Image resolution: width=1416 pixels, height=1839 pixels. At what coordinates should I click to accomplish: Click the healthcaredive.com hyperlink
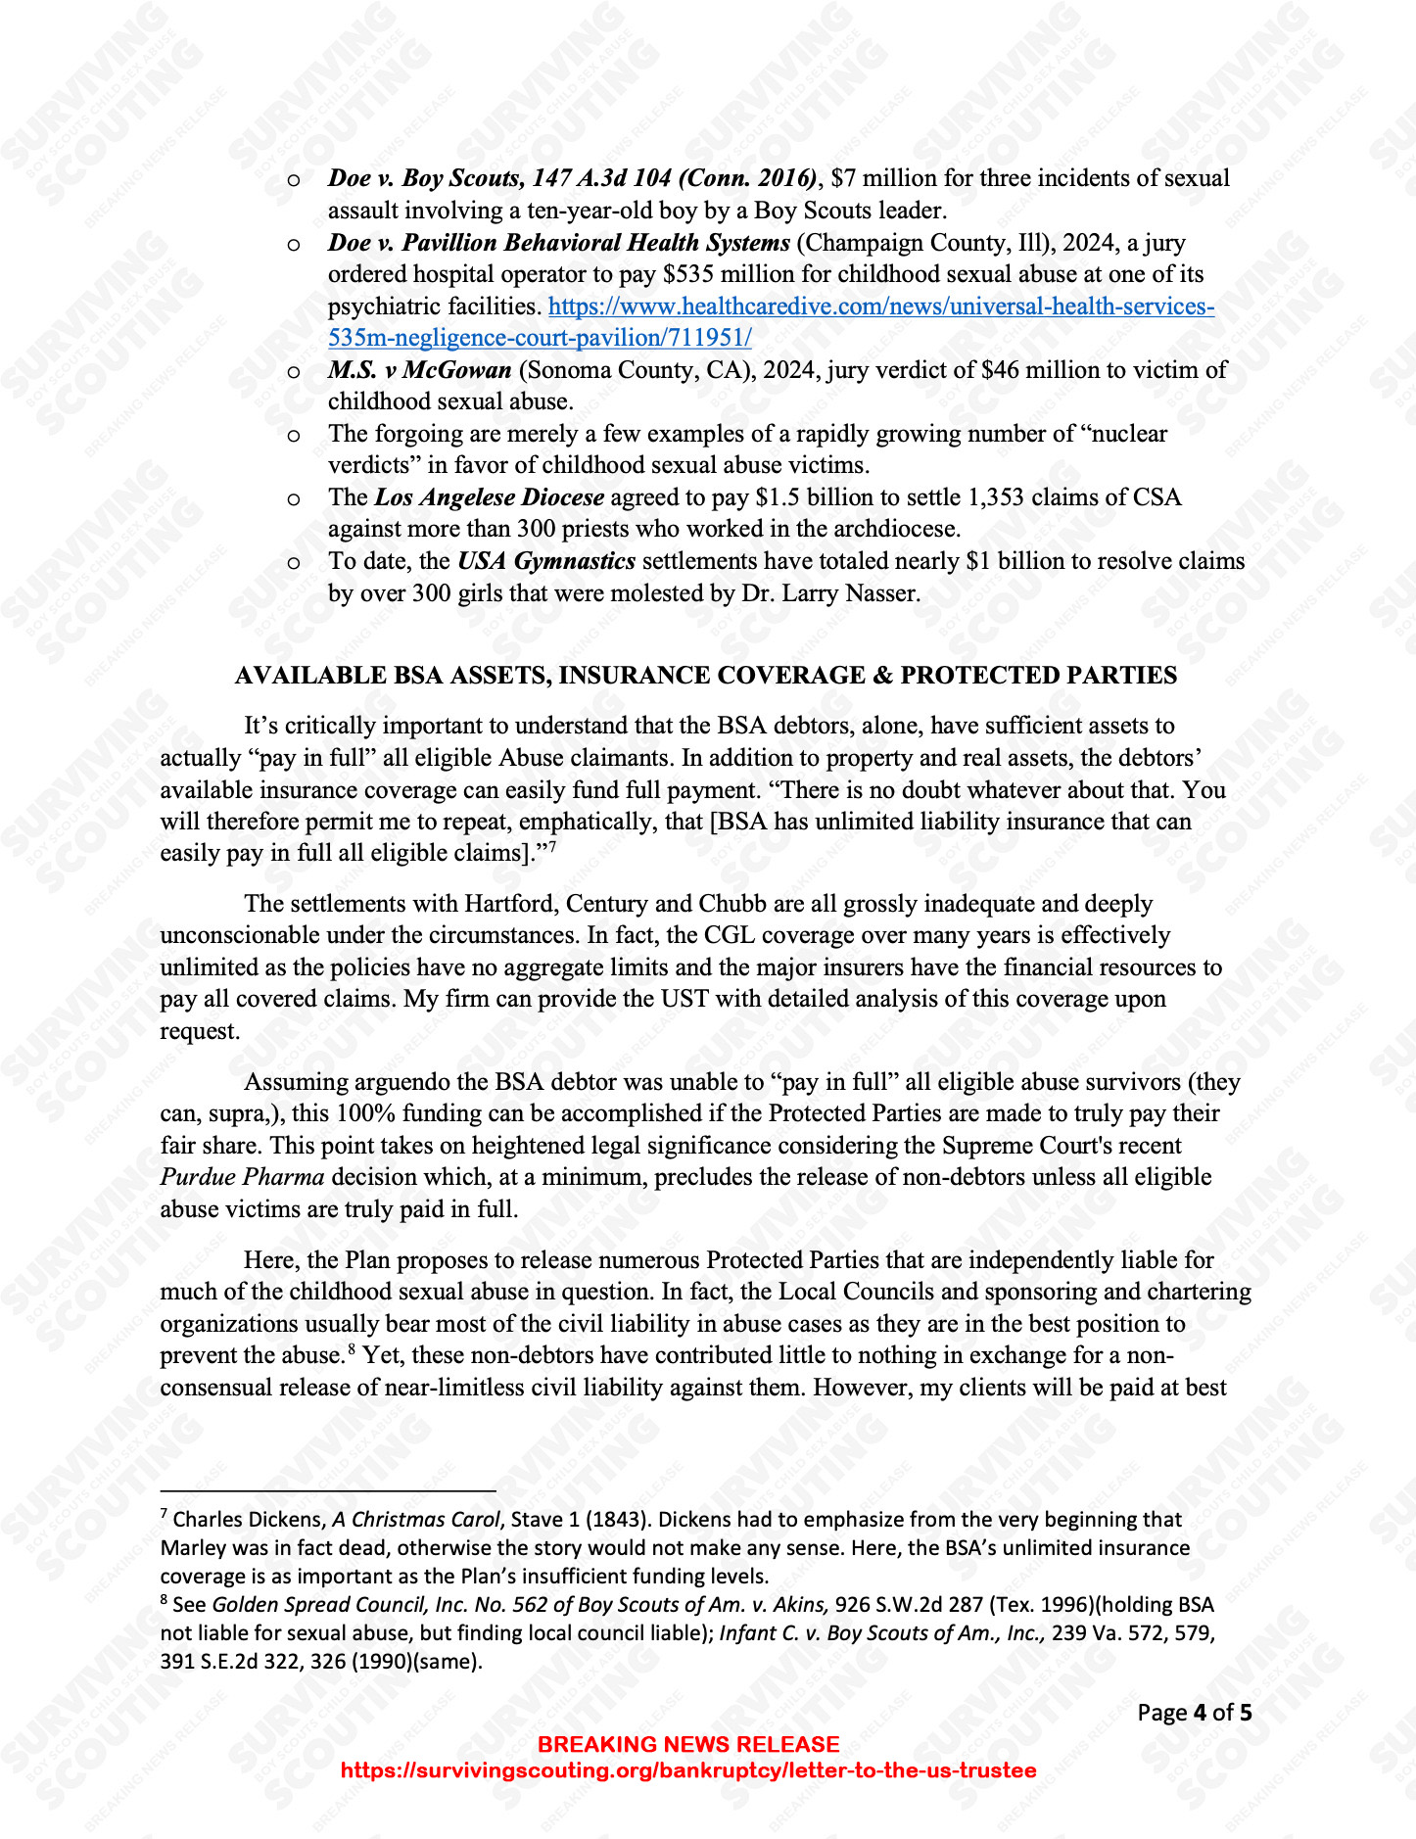tap(881, 306)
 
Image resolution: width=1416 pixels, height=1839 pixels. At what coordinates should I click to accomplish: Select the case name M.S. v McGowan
tap(419, 370)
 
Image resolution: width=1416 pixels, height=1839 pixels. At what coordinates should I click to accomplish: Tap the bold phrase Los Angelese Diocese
tap(489, 497)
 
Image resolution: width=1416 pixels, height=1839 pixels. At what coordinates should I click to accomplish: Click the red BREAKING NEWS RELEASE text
tap(688, 1744)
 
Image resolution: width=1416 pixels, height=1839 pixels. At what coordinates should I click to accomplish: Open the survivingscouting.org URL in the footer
tap(687, 1770)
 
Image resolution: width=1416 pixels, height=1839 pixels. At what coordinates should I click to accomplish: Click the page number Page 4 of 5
tap(1194, 1713)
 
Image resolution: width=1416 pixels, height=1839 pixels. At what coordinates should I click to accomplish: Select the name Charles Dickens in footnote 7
tap(249, 1520)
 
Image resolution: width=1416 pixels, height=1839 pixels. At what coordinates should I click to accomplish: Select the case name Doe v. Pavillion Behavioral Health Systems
tap(558, 243)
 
